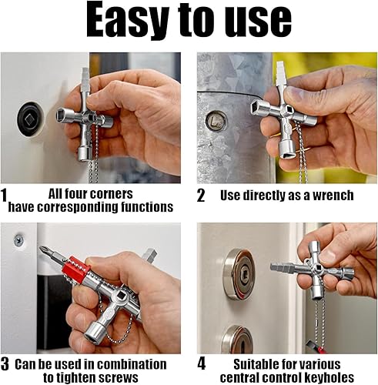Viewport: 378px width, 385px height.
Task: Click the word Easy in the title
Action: point(128,21)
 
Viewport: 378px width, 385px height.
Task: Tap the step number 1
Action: point(4,196)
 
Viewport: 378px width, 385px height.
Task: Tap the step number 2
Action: point(201,196)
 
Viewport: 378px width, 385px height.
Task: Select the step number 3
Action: point(5,364)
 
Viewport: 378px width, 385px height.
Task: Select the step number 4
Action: point(202,364)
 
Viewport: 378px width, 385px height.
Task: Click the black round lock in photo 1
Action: point(30,119)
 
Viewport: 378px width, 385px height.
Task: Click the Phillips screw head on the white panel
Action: point(18,240)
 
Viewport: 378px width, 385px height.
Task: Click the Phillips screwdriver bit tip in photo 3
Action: point(42,248)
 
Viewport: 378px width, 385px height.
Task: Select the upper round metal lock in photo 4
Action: point(239,274)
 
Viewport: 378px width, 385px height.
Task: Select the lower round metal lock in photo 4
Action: point(237,339)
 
